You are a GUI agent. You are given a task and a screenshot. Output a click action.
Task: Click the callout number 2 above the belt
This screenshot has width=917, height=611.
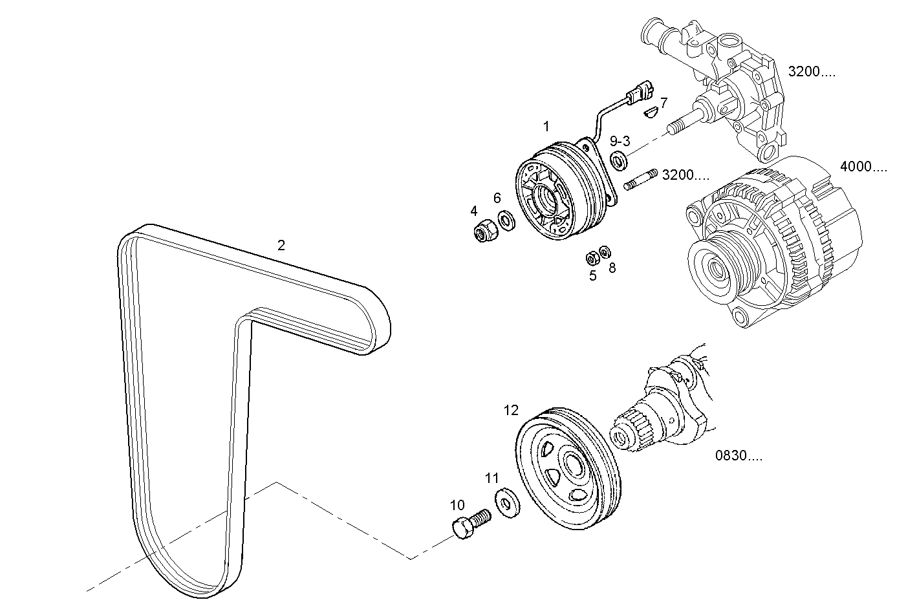(x=281, y=246)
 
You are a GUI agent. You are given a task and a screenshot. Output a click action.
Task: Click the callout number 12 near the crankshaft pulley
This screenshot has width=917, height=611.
(x=511, y=411)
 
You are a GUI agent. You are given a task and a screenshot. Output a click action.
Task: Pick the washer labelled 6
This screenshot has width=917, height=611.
(x=507, y=220)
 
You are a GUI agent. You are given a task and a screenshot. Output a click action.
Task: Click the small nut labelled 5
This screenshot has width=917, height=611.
(x=590, y=259)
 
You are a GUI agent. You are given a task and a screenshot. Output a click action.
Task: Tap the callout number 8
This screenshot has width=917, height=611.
(x=612, y=267)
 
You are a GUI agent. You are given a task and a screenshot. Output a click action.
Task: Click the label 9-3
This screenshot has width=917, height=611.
(x=620, y=142)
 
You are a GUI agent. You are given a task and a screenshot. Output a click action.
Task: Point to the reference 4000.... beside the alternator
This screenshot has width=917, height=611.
(x=863, y=167)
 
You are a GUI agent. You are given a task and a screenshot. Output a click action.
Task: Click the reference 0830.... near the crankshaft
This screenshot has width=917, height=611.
(x=739, y=456)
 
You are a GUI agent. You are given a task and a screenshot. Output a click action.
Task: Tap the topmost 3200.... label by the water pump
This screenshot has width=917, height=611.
(x=812, y=72)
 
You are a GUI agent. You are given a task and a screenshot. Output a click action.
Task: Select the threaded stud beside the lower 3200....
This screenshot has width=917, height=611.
(x=641, y=180)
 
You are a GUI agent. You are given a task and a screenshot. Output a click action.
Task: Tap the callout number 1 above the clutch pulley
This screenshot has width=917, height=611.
(x=546, y=126)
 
